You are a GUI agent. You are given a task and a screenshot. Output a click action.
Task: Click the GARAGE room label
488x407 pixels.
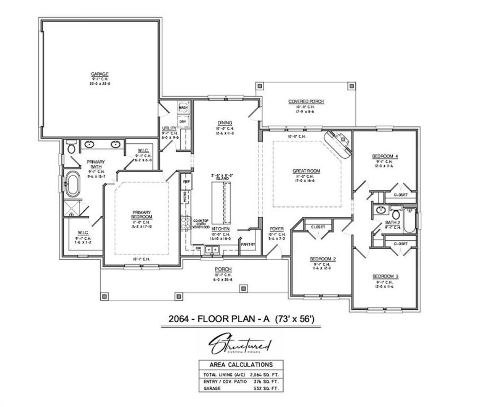coord(100,74)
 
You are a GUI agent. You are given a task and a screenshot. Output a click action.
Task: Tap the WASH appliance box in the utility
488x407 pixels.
coord(183,108)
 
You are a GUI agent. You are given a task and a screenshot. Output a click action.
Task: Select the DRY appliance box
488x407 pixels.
coord(183,122)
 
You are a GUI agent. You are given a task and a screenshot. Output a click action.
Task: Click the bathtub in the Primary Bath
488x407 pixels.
coord(73,185)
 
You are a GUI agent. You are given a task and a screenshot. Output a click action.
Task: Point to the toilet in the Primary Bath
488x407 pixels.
coord(71,148)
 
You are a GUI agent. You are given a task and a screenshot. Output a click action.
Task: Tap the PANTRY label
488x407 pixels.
coord(248,245)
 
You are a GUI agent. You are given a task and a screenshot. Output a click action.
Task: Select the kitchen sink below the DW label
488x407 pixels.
coord(212,250)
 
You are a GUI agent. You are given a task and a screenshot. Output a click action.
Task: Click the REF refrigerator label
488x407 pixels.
coord(186,182)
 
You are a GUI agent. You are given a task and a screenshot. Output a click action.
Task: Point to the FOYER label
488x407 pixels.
coord(276,229)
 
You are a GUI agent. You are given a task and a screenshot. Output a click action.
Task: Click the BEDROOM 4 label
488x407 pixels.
coord(385,156)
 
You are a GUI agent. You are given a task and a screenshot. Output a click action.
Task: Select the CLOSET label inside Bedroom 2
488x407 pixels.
coord(318,227)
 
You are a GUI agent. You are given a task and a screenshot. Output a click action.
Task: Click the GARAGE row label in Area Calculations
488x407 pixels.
coord(212,388)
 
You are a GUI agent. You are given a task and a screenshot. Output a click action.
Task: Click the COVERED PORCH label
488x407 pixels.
coord(306,101)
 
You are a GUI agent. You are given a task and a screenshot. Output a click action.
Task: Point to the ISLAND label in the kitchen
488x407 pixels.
coord(222,179)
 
